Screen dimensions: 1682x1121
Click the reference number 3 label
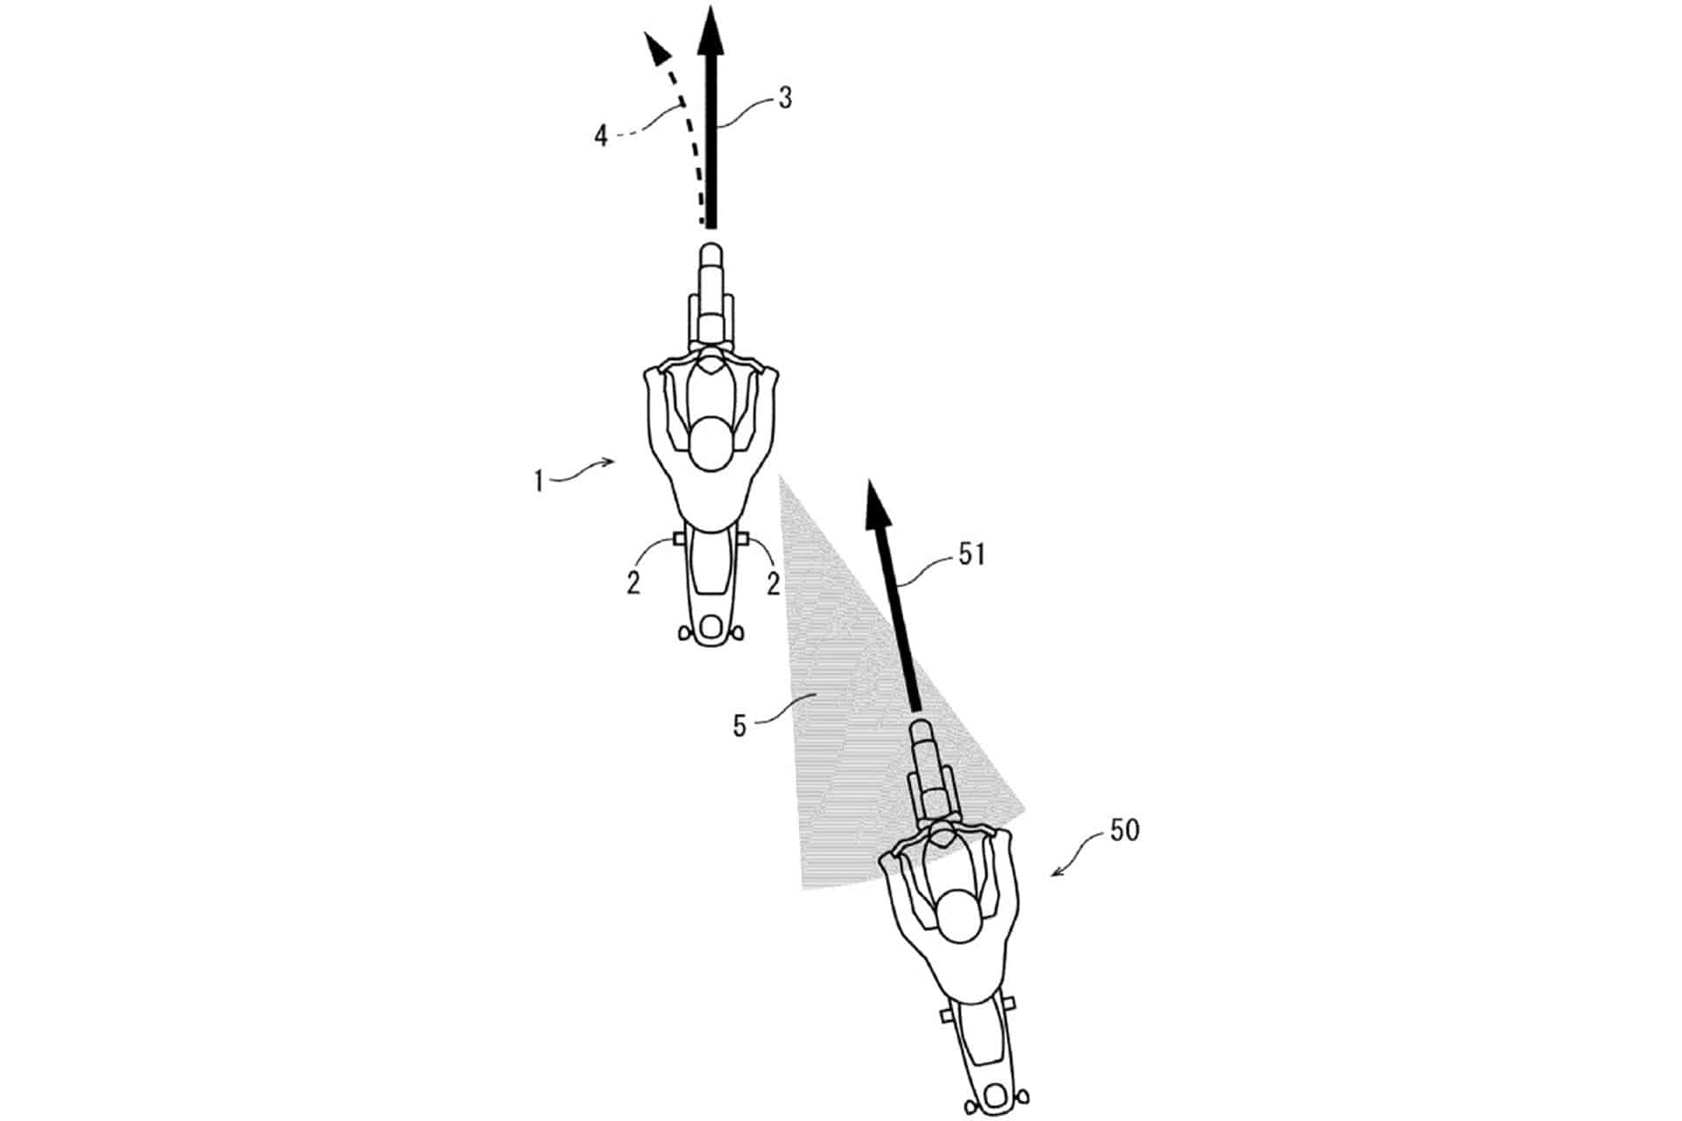[784, 98]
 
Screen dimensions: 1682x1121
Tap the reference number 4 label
[601, 136]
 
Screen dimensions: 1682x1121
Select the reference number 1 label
[540, 481]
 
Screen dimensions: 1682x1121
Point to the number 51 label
[972, 554]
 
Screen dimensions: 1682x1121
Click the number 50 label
[1125, 829]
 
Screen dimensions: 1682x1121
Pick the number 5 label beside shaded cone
[740, 726]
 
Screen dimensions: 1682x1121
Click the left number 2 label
[633, 584]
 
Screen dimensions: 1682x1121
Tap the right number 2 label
[773, 584]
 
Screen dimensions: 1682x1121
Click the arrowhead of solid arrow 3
[711, 30]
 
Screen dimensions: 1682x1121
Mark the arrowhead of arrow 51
[877, 504]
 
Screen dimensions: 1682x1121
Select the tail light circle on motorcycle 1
[710, 627]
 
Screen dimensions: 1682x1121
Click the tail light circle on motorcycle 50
[996, 1095]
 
